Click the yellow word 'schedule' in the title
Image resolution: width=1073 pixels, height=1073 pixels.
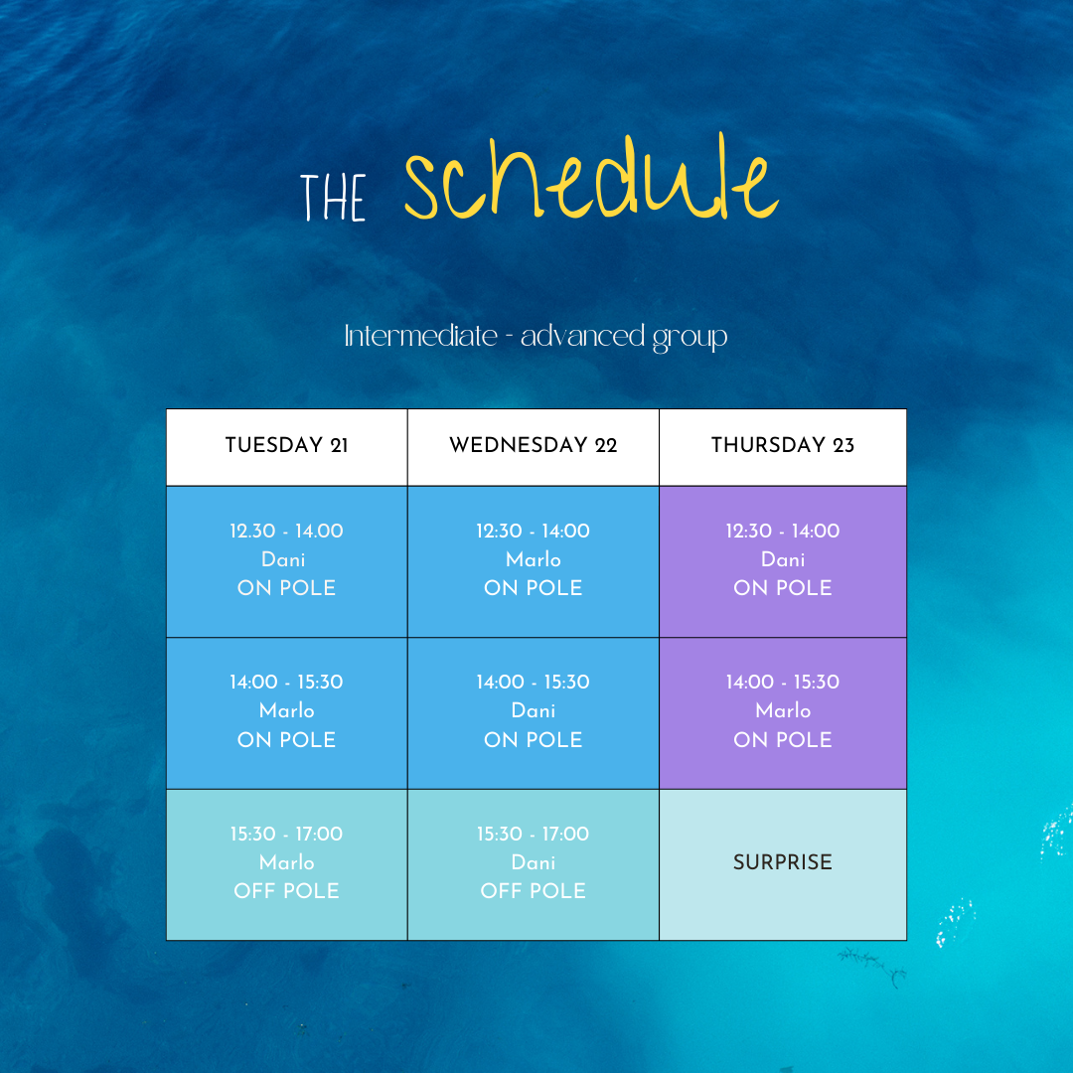[591, 178]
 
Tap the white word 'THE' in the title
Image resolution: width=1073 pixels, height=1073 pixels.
[333, 197]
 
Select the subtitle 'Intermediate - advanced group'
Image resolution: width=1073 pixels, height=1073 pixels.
[536, 337]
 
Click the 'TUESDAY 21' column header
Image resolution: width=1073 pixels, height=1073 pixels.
[287, 445]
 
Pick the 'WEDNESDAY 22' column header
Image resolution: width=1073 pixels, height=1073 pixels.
[534, 445]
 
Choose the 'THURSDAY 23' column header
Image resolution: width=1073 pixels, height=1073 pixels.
[783, 445]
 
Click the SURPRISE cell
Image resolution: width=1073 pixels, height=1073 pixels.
[783, 862]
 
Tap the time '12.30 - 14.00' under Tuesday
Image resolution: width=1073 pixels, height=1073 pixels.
[287, 531]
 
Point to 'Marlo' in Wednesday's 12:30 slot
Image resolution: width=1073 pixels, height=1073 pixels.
[534, 559]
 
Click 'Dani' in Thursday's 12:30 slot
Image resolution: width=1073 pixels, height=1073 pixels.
[783, 559]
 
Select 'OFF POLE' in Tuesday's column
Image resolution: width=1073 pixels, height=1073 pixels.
[287, 891]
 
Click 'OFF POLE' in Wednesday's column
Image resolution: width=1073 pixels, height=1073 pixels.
[534, 891]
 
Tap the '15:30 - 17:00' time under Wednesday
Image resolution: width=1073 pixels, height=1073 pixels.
[534, 835]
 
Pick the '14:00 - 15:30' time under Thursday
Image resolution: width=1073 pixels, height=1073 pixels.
[783, 683]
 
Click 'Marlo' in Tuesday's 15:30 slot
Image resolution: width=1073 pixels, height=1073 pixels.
[287, 862]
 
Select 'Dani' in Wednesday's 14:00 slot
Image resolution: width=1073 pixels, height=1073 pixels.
[534, 711]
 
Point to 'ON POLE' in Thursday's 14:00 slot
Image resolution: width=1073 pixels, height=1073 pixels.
[783, 740]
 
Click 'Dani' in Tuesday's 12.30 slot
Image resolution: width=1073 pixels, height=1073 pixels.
[283, 559]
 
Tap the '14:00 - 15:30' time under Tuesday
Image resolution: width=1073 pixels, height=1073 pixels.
[287, 683]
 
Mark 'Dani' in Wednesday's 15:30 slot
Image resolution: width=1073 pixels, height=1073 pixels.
[534, 862]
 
